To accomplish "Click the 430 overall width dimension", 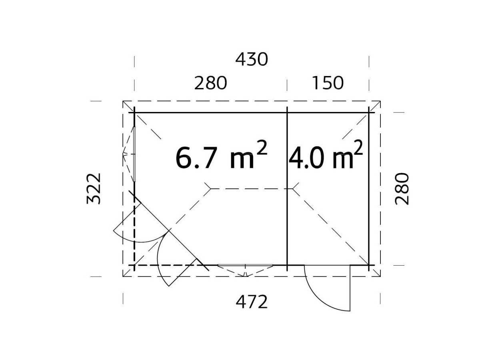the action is click(252, 60).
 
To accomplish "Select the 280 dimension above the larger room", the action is click(210, 83).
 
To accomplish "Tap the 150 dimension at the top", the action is click(328, 83).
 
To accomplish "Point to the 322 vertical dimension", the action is click(94, 189).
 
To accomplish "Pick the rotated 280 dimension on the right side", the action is click(402, 189).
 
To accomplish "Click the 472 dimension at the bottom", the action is click(252, 302).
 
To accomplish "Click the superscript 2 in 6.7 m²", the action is click(262, 148).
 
